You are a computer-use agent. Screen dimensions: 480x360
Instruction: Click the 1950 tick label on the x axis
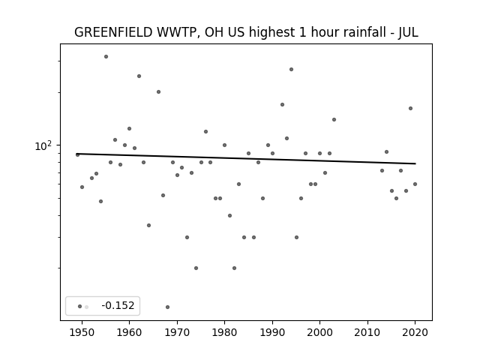pyautogui.click(x=82, y=332)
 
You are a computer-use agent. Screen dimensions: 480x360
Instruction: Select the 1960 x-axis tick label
pyautogui.click(x=129, y=332)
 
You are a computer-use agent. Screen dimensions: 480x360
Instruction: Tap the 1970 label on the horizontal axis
pyautogui.click(x=177, y=332)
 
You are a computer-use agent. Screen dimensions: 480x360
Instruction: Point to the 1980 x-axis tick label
pyautogui.click(x=224, y=332)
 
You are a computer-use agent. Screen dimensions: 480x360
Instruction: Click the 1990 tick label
pyautogui.click(x=272, y=332)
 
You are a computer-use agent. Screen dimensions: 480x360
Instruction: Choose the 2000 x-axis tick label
pyautogui.click(x=320, y=332)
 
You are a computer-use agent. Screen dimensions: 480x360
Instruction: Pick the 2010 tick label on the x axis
pyautogui.click(x=367, y=332)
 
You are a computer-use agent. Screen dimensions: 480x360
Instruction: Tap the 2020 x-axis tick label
pyautogui.click(x=415, y=332)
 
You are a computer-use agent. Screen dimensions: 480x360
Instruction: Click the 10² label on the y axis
pyautogui.click(x=43, y=145)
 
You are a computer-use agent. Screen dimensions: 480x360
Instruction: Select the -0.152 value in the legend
pyautogui.click(x=118, y=305)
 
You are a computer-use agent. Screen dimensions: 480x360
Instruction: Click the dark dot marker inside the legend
pyautogui.click(x=79, y=307)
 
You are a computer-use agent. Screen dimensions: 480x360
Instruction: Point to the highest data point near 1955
pyautogui.click(x=106, y=57)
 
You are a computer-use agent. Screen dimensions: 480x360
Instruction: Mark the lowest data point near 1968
pyautogui.click(x=167, y=307)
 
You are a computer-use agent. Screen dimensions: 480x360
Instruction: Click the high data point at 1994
pyautogui.click(x=292, y=70)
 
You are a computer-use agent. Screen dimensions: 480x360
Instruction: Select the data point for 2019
pyautogui.click(x=410, y=108)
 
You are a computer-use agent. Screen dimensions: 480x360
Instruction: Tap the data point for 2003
pyautogui.click(x=334, y=120)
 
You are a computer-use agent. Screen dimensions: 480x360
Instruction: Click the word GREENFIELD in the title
pyautogui.click(x=113, y=32)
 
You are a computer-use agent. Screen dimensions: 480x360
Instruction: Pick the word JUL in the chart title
pyautogui.click(x=408, y=32)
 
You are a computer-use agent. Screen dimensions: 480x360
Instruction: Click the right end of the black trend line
pyautogui.click(x=415, y=163)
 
